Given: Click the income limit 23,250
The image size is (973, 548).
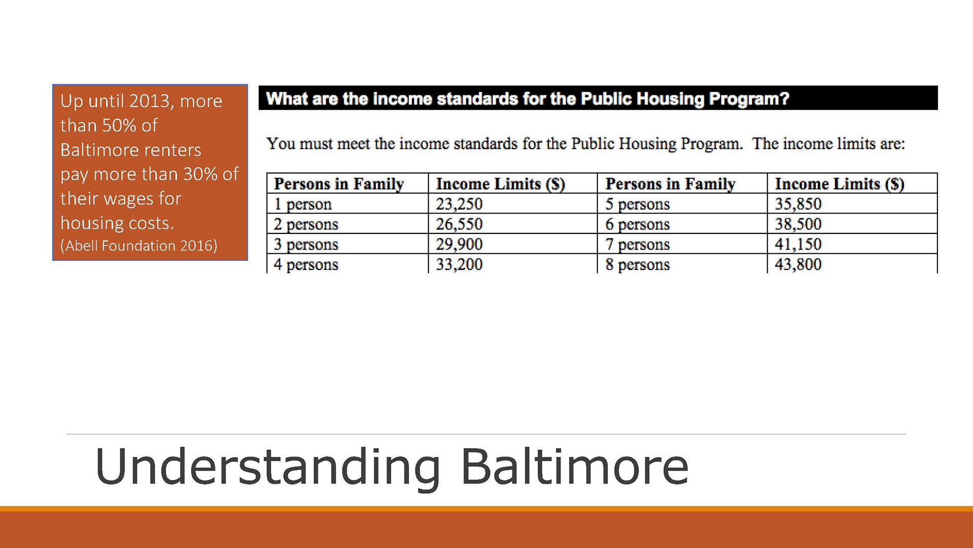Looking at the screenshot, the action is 459,204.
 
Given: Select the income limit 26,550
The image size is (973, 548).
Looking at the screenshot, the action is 459,224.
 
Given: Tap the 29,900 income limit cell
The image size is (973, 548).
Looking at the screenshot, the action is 459,245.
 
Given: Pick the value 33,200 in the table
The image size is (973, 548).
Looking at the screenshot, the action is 459,264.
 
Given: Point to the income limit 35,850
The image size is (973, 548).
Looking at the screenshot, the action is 798,204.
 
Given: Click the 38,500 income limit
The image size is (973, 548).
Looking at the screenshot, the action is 798,224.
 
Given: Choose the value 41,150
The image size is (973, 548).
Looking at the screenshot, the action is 798,245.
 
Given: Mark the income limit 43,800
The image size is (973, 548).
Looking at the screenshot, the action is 798,264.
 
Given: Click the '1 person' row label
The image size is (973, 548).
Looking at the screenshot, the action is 303,204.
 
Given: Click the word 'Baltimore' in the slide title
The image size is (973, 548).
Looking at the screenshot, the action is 575,467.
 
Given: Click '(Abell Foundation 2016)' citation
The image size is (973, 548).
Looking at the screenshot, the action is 139,246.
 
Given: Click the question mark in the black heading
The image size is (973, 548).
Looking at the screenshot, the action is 785,98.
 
